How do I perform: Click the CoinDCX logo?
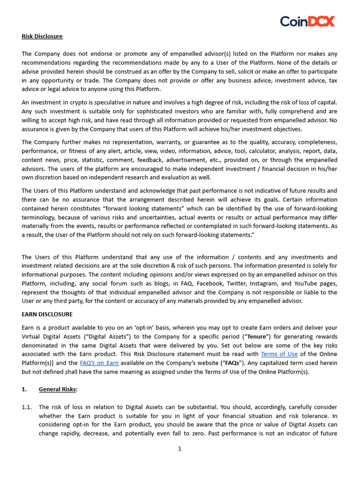[307, 21]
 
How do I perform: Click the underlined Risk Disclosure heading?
[42, 36]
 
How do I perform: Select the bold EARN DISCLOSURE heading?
[47, 314]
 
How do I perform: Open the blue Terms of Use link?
[279, 354]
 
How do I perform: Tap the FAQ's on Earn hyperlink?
[99, 363]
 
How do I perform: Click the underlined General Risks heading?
[58, 389]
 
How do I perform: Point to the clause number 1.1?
[27, 407]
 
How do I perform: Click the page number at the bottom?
[180, 449]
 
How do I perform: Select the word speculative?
[107, 102]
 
